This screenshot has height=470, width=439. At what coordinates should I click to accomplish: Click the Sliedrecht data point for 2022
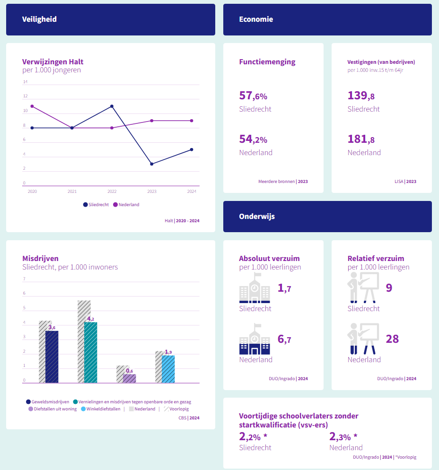click(112, 106)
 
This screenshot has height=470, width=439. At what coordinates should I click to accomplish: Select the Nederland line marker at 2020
click(32, 106)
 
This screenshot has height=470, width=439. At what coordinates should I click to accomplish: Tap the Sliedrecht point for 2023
click(151, 164)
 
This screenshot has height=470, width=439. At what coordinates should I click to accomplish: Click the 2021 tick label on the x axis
click(72, 191)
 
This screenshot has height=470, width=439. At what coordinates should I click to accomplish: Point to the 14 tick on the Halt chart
click(25, 82)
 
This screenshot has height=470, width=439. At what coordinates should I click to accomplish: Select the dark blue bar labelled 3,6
click(52, 357)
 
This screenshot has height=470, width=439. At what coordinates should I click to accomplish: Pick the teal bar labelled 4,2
click(90, 352)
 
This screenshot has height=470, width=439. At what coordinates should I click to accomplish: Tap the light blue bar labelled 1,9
click(168, 369)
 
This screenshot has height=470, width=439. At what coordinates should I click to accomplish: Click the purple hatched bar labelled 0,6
click(129, 378)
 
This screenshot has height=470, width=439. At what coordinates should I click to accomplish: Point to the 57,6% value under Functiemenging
click(253, 96)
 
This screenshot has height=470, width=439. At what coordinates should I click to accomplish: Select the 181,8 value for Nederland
click(361, 139)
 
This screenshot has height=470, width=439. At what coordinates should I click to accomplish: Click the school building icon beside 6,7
click(255, 339)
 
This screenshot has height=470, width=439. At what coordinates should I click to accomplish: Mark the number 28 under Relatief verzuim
click(392, 339)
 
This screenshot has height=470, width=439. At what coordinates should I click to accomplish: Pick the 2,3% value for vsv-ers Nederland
click(343, 436)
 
